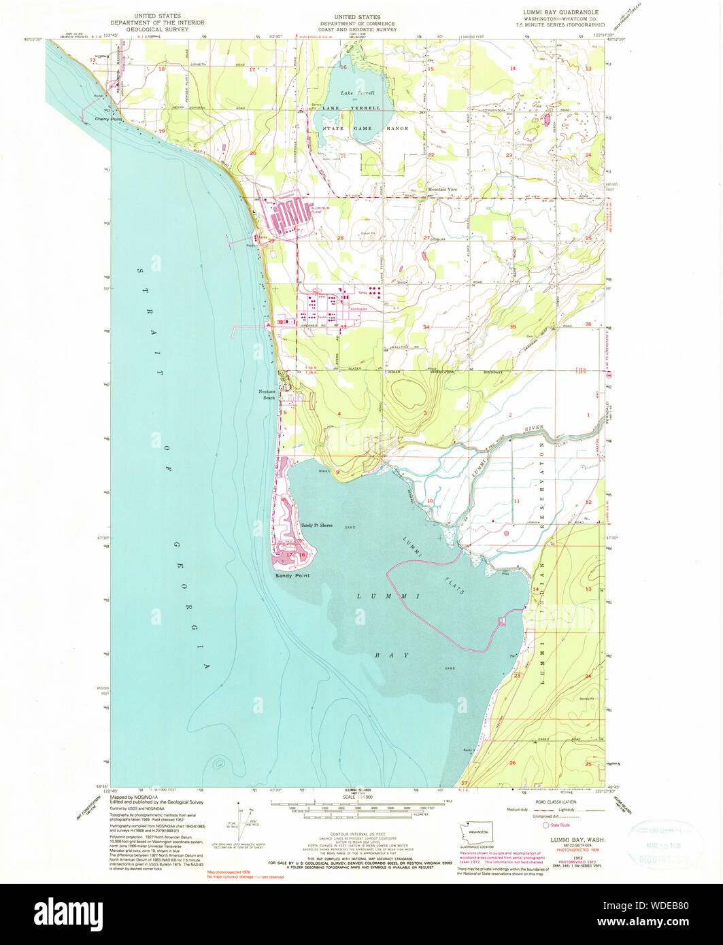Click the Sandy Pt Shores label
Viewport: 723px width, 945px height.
tap(317, 526)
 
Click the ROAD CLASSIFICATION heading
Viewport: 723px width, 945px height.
tap(551, 802)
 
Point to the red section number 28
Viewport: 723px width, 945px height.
tap(340, 238)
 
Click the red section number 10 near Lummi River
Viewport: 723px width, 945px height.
tap(429, 501)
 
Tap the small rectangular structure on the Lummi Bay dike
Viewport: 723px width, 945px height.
tap(503, 620)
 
